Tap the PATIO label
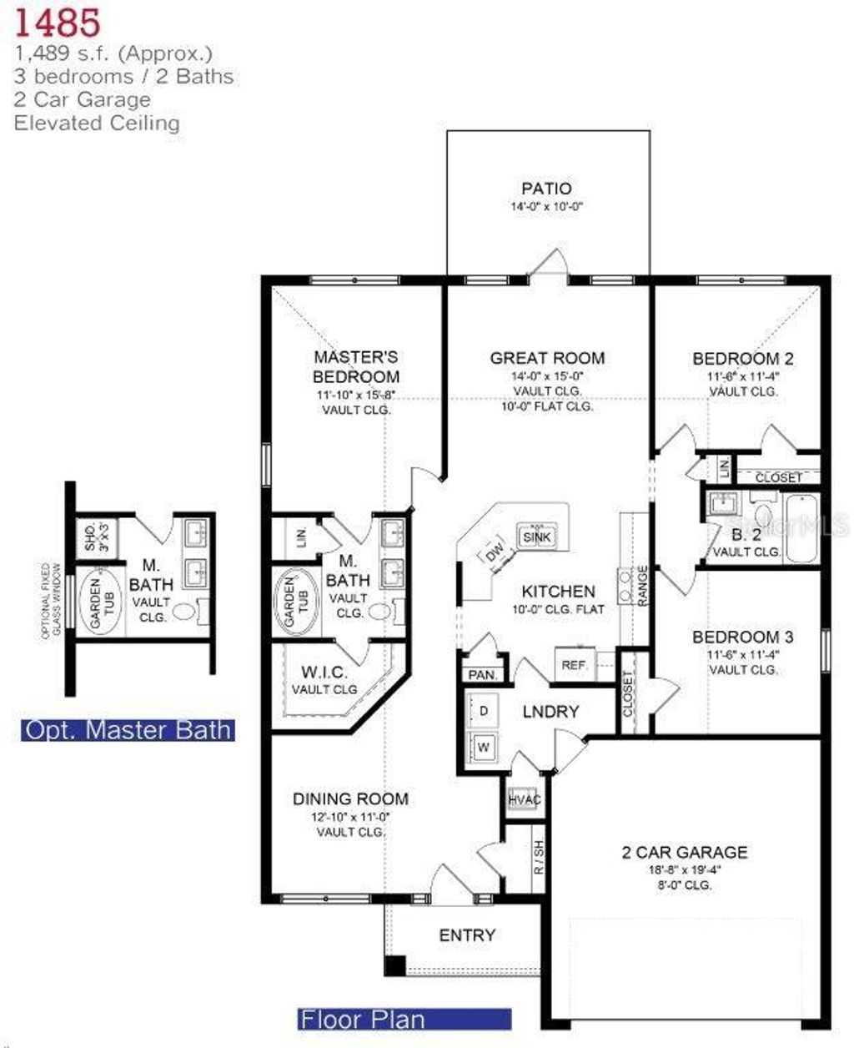point(546,189)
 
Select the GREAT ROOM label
point(547,358)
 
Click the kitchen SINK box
point(536,537)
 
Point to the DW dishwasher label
point(495,552)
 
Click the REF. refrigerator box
point(575,665)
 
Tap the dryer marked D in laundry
point(484,710)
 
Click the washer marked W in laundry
point(484,748)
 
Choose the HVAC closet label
point(524,800)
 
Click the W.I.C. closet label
point(325,672)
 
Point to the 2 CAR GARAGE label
point(684,852)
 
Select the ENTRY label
point(467,935)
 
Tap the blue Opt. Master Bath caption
point(128,730)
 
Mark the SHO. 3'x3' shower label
point(95,535)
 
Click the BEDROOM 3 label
point(742,637)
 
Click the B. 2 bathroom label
point(746,535)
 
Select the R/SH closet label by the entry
point(539,857)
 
